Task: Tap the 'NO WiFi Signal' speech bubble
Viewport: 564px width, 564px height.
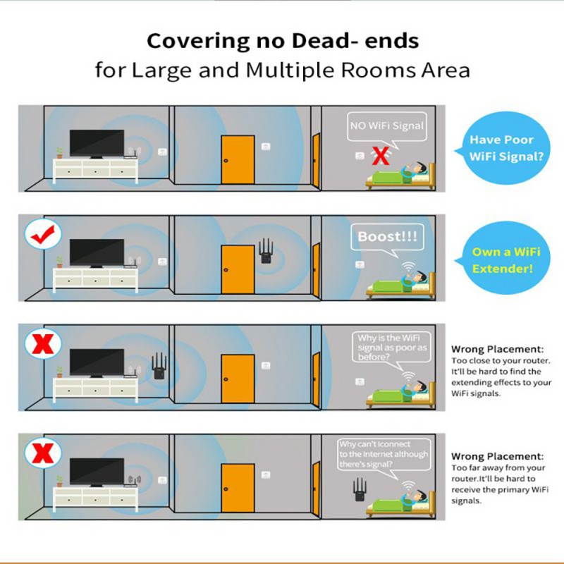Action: pos(387,130)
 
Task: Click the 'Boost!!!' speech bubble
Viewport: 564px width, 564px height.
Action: pos(387,240)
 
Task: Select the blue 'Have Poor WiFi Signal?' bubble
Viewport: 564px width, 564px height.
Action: pos(503,148)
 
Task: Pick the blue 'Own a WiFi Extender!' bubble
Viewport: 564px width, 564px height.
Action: pos(503,258)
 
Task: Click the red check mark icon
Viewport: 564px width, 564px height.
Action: pos(43,234)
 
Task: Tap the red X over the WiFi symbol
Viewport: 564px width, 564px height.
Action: pos(381,155)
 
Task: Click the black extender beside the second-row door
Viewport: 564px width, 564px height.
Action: pos(266,251)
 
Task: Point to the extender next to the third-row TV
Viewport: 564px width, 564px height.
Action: pos(159,365)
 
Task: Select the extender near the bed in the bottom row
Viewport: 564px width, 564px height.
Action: pos(360,489)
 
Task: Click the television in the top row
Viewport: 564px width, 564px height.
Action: pos(97,144)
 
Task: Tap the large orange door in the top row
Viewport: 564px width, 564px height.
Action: pos(238,160)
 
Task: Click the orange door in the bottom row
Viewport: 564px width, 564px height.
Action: pos(238,488)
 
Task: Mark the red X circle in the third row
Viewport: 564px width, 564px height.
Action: pos(43,343)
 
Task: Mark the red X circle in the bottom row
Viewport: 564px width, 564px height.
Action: pos(43,453)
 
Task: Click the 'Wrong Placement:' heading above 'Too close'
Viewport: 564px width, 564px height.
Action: pos(498,349)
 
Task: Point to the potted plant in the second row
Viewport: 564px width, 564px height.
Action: pos(59,262)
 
